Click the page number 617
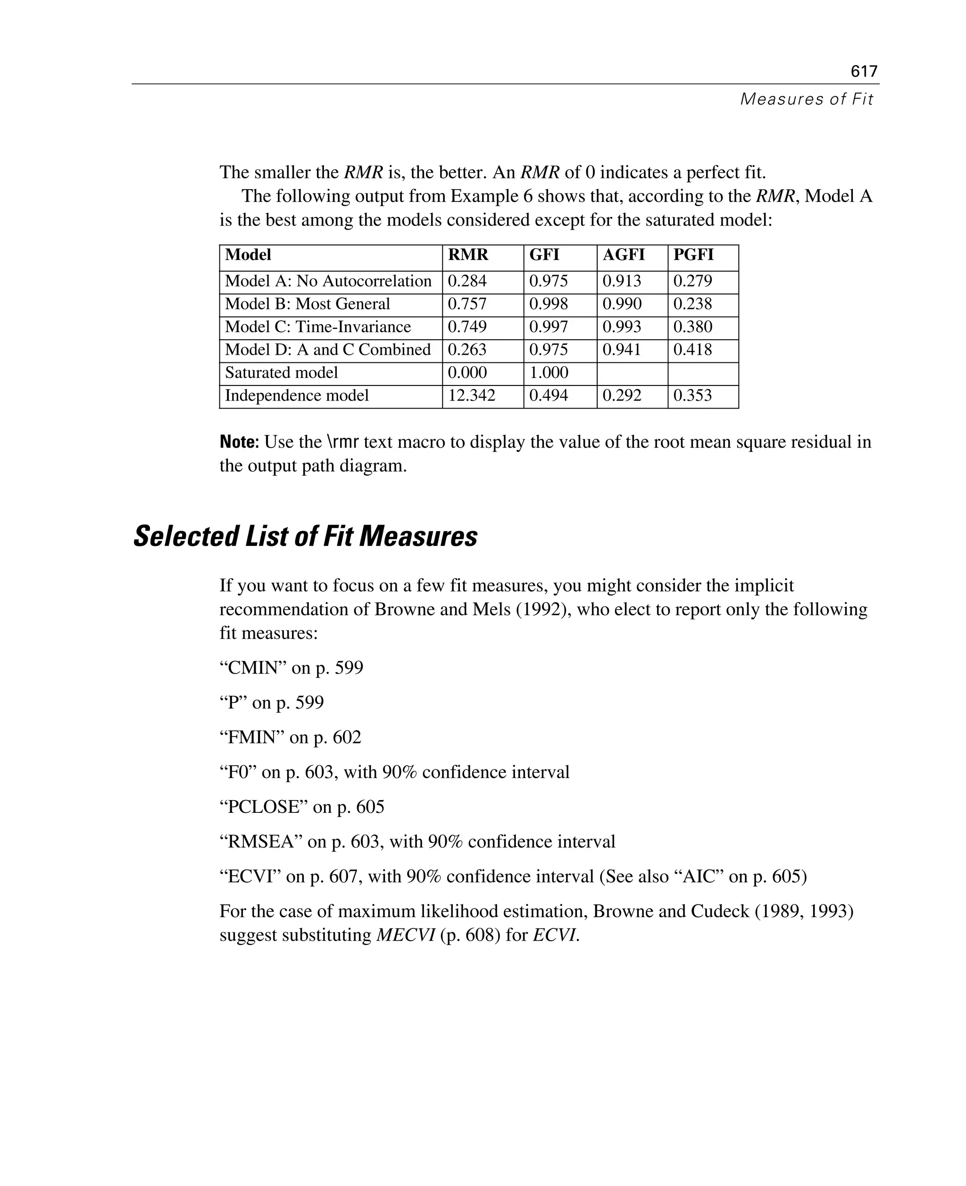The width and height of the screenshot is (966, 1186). (x=864, y=71)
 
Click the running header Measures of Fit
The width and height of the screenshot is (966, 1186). (x=806, y=99)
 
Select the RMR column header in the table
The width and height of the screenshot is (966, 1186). (x=468, y=255)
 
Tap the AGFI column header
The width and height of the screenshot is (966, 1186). (x=623, y=255)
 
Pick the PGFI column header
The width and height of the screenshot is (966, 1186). (x=693, y=255)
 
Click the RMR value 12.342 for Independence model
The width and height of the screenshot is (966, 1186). (x=471, y=396)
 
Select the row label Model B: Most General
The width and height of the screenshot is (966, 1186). (x=307, y=304)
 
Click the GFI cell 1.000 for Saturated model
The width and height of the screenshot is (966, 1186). (x=549, y=373)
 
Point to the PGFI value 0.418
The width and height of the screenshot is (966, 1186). (x=692, y=350)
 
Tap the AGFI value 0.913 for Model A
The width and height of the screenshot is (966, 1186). (x=622, y=281)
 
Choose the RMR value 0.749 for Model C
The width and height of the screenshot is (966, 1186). (x=467, y=327)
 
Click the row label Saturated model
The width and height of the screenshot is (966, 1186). (x=281, y=373)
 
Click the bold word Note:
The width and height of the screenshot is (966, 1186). (x=239, y=443)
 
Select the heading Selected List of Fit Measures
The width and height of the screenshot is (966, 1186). (x=306, y=537)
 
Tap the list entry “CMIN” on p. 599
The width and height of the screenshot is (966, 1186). (x=291, y=668)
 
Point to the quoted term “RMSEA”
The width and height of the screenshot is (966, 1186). (x=260, y=842)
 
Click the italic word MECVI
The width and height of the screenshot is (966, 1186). (x=406, y=935)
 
